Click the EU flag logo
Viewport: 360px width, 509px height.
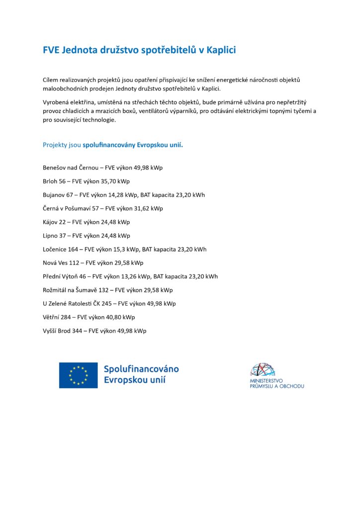pos(78,375)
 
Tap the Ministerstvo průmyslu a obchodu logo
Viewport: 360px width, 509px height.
pos(276,375)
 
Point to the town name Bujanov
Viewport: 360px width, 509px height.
pos(54,195)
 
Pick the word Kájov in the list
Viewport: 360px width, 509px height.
pos(51,222)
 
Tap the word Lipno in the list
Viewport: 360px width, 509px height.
pos(51,236)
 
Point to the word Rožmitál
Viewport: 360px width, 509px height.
pos(56,290)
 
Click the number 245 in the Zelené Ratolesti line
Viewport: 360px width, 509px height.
pos(106,303)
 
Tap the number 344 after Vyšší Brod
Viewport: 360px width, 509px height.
pos(78,331)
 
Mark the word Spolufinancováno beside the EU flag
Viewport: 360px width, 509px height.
pos(141,369)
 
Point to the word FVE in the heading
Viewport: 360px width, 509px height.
pos(51,50)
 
